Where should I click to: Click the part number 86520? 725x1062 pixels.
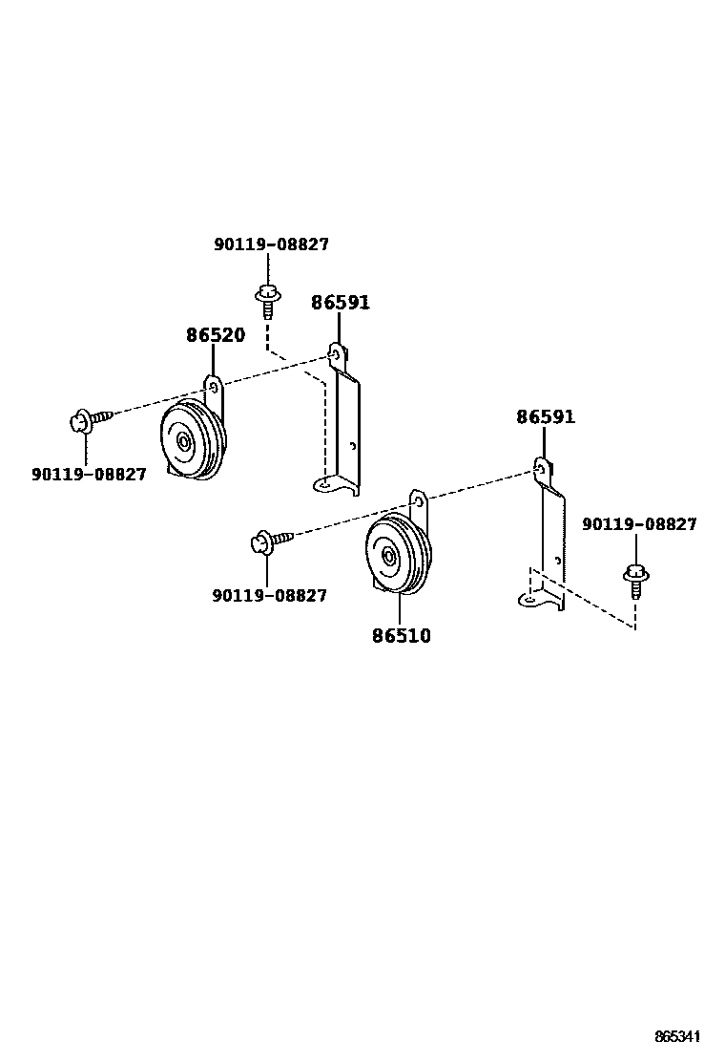click(215, 335)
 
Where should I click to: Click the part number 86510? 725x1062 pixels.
click(401, 635)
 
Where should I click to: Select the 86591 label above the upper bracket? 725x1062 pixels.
click(341, 303)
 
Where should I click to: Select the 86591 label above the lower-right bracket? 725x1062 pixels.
click(546, 417)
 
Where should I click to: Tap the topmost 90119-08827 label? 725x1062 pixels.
click(271, 244)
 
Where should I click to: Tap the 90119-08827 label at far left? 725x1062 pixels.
click(89, 474)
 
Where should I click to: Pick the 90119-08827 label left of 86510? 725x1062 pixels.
click(269, 596)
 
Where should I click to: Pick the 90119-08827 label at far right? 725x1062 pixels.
click(639, 524)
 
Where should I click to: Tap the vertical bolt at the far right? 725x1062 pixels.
click(636, 579)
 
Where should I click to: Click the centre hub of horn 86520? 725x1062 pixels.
click(183, 441)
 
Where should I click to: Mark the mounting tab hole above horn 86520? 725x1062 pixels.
click(214, 388)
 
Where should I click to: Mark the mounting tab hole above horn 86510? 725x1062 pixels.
click(417, 501)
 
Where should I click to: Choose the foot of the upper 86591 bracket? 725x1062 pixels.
click(326, 485)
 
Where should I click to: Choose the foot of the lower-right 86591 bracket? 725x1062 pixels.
click(529, 600)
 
